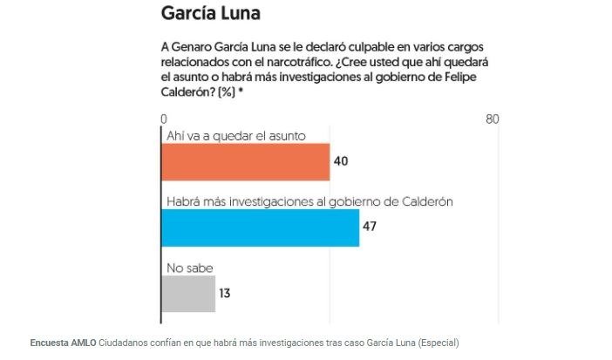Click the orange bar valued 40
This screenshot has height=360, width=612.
(246, 162)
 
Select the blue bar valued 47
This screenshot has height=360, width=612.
(260, 228)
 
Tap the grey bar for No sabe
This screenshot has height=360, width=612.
(188, 293)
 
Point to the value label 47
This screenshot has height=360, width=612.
(370, 228)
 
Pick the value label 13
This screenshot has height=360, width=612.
(224, 293)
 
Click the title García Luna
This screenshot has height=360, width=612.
(211, 15)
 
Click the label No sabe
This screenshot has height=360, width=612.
(189, 268)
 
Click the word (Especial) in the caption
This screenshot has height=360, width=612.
(433, 342)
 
